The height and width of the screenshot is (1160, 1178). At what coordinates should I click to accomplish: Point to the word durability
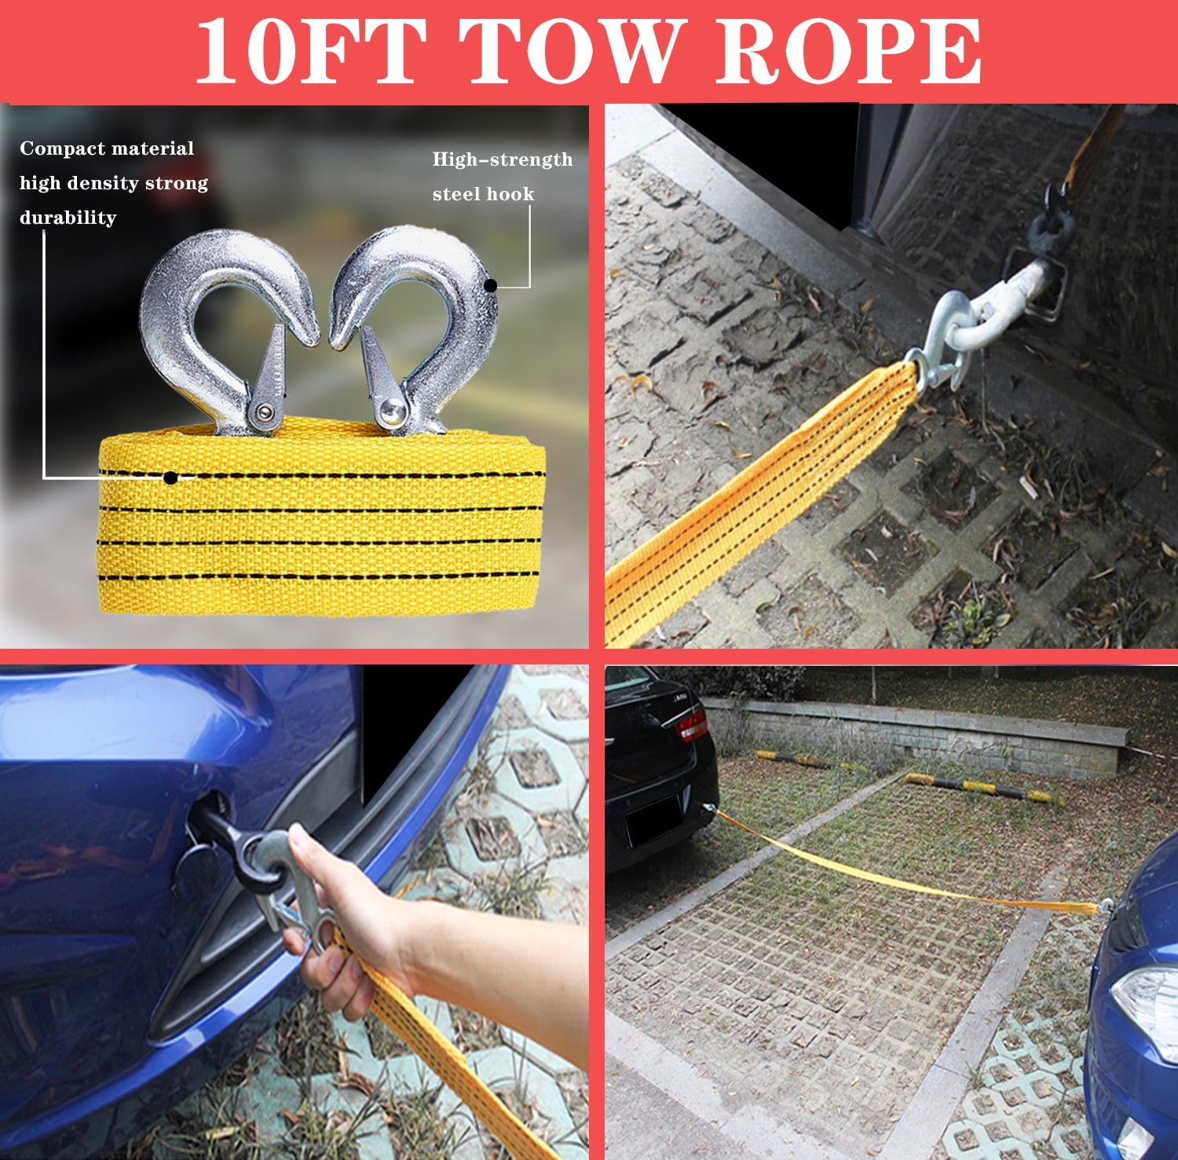[x=68, y=217]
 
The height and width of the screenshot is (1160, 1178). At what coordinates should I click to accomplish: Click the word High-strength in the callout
[x=503, y=159]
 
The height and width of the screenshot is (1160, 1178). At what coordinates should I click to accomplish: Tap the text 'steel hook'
[x=483, y=194]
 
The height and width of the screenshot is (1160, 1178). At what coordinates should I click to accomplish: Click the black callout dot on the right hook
[x=490, y=285]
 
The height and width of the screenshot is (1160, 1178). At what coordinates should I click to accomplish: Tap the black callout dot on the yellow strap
[x=170, y=477]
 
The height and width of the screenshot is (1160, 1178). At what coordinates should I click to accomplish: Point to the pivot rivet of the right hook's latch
[x=389, y=408]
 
